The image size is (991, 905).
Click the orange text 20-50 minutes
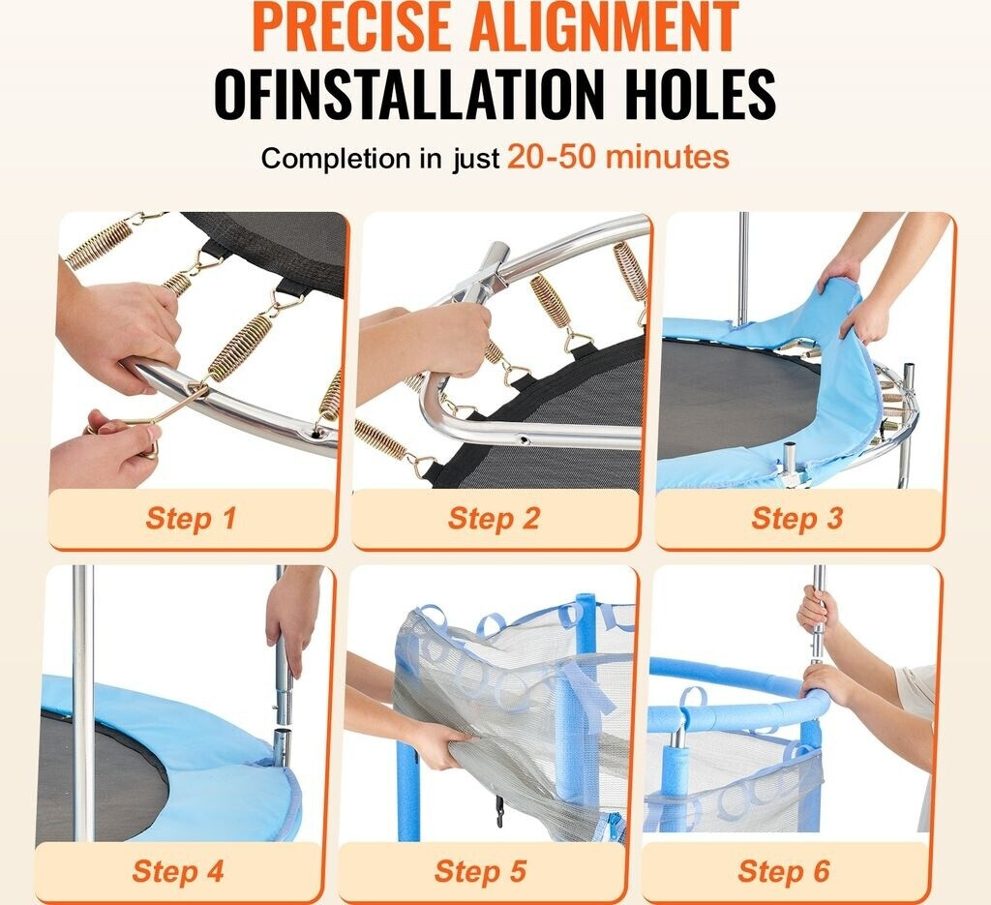pyautogui.click(x=618, y=157)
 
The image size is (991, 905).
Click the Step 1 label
pyautogui.click(x=191, y=518)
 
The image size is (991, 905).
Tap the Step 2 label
pyautogui.click(x=494, y=518)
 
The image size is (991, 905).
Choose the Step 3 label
pyautogui.click(x=797, y=518)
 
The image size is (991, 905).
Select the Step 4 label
pyautogui.click(x=178, y=871)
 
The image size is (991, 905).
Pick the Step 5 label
pyautogui.click(x=480, y=871)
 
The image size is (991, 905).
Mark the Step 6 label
pyautogui.click(x=784, y=871)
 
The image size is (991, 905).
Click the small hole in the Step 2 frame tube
pyautogui.click(x=522, y=437)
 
